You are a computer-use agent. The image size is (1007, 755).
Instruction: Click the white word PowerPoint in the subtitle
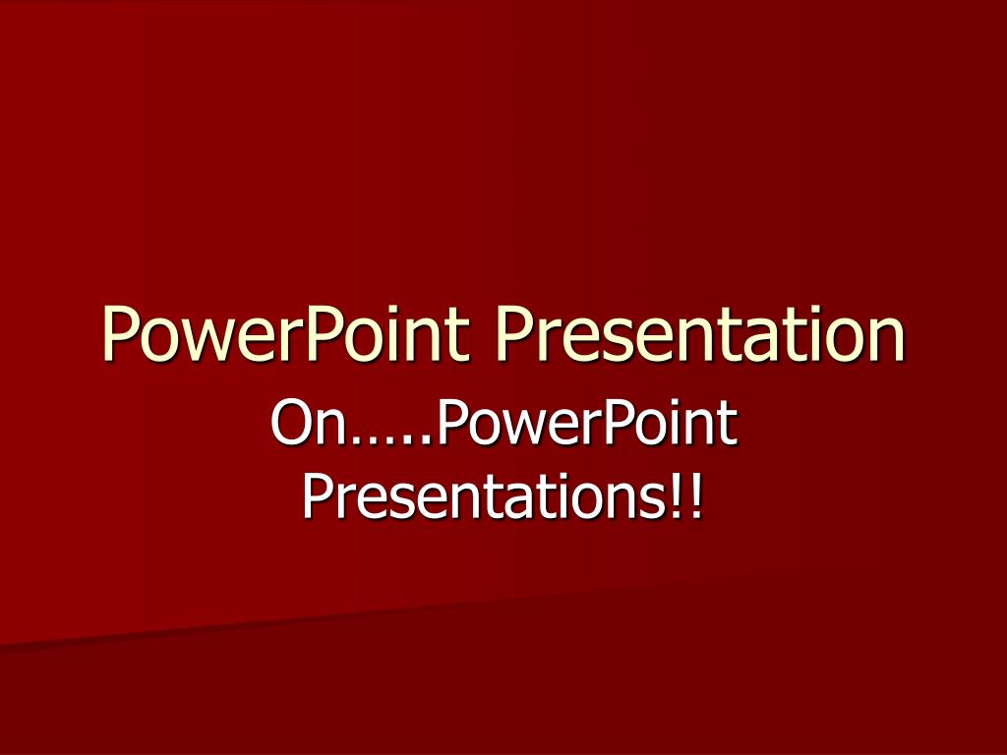(584, 424)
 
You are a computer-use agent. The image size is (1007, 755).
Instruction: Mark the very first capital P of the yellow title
(118, 333)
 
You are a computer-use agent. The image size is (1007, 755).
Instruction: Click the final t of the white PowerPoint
(727, 426)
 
